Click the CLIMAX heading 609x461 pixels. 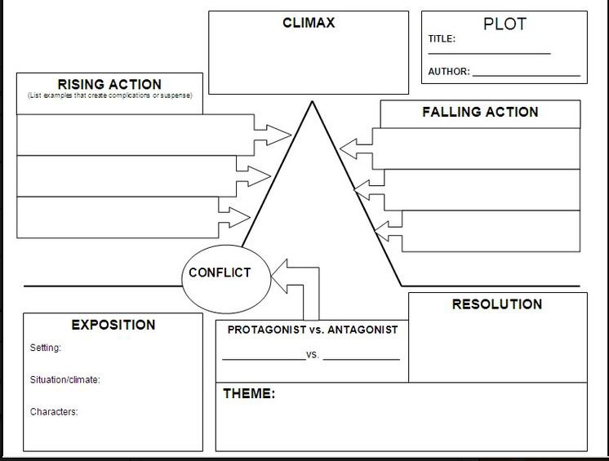point(308,23)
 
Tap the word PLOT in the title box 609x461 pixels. point(505,24)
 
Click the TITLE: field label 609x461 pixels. point(442,39)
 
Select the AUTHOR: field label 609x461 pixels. point(449,72)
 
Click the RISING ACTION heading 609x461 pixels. point(109,84)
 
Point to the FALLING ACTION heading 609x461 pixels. point(480,112)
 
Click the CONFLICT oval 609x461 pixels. point(220,273)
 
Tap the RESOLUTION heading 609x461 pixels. point(496,304)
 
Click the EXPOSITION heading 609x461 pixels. point(113,325)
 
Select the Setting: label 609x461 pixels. point(46,348)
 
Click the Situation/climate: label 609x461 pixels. point(65,379)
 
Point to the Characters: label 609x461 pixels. point(54,412)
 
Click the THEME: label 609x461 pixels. point(249,394)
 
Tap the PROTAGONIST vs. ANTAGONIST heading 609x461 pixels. point(312,330)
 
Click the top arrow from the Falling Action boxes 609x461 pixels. point(353,148)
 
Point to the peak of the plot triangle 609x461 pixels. point(311,102)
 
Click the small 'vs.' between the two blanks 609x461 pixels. point(313,356)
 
